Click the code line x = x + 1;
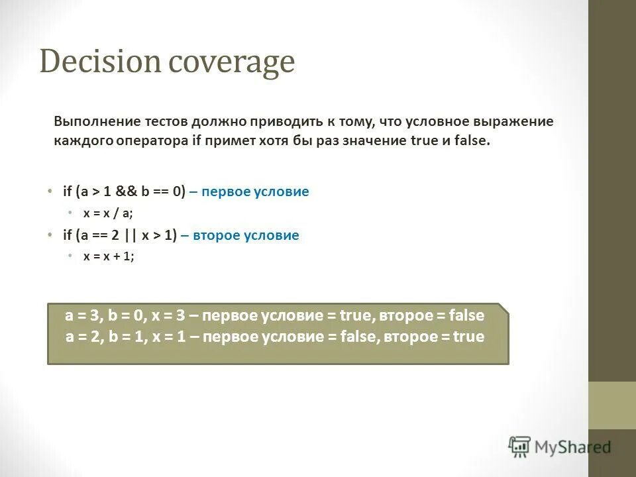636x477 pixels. click(108, 256)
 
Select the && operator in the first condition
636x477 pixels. click(127, 192)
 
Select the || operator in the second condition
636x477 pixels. click(135, 235)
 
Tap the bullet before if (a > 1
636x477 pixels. click(49, 191)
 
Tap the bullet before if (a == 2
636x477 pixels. click(49, 235)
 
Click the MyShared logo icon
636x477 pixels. click(519, 447)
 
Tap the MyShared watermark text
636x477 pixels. click(572, 447)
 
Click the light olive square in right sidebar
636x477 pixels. click(611, 405)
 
